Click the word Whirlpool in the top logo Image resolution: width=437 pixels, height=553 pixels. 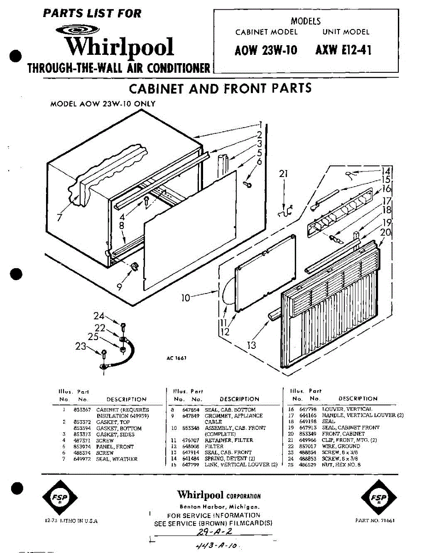pyautogui.click(x=119, y=48)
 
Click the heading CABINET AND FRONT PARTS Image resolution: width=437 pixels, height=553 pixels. pyautogui.click(x=220, y=88)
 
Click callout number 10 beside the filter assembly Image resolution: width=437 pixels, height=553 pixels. pyautogui.click(x=185, y=298)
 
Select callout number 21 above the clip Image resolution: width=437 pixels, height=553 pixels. pyautogui.click(x=284, y=174)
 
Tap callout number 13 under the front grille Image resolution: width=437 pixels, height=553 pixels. pyautogui.click(x=251, y=344)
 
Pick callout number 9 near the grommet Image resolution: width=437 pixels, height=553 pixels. pyautogui.click(x=119, y=287)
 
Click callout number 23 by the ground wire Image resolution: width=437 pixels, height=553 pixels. pyautogui.click(x=81, y=346)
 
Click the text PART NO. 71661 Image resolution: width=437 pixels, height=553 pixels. pyautogui.click(x=375, y=520)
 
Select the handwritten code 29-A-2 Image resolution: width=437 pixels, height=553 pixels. pyautogui.click(x=214, y=532)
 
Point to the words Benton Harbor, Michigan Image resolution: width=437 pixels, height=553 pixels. pyautogui.click(x=219, y=506)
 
